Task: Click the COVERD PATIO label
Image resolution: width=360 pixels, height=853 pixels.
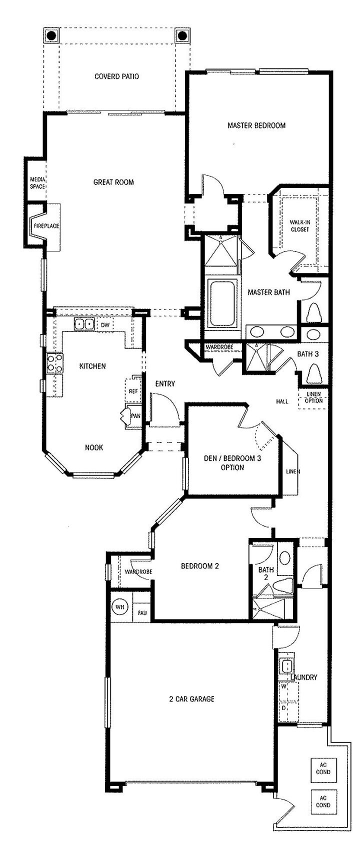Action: coord(116,76)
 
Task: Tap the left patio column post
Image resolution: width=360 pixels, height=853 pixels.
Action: coord(51,36)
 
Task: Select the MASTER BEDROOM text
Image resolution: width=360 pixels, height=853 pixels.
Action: coord(256,125)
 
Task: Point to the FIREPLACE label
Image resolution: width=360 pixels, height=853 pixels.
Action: coord(46,226)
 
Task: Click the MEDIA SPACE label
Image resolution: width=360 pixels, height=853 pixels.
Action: coord(37,182)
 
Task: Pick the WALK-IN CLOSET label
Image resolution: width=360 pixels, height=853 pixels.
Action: coord(299,226)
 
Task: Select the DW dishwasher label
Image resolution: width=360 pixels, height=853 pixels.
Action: coord(105,325)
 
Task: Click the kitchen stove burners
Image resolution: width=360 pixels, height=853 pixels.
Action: coord(55,363)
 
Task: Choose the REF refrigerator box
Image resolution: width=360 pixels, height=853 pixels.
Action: coord(133,391)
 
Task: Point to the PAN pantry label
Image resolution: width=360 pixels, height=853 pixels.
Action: coord(135,415)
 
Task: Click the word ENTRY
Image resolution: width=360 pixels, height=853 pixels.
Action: coord(165,383)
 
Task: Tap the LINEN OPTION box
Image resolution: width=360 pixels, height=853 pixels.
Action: coord(313,398)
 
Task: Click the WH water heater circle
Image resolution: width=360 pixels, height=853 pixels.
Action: coord(119,607)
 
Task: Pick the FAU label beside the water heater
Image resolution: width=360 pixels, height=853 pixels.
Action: coord(142,612)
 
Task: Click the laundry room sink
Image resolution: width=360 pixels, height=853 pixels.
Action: coord(287,666)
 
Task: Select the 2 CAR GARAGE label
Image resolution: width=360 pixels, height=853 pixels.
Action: coord(191,698)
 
